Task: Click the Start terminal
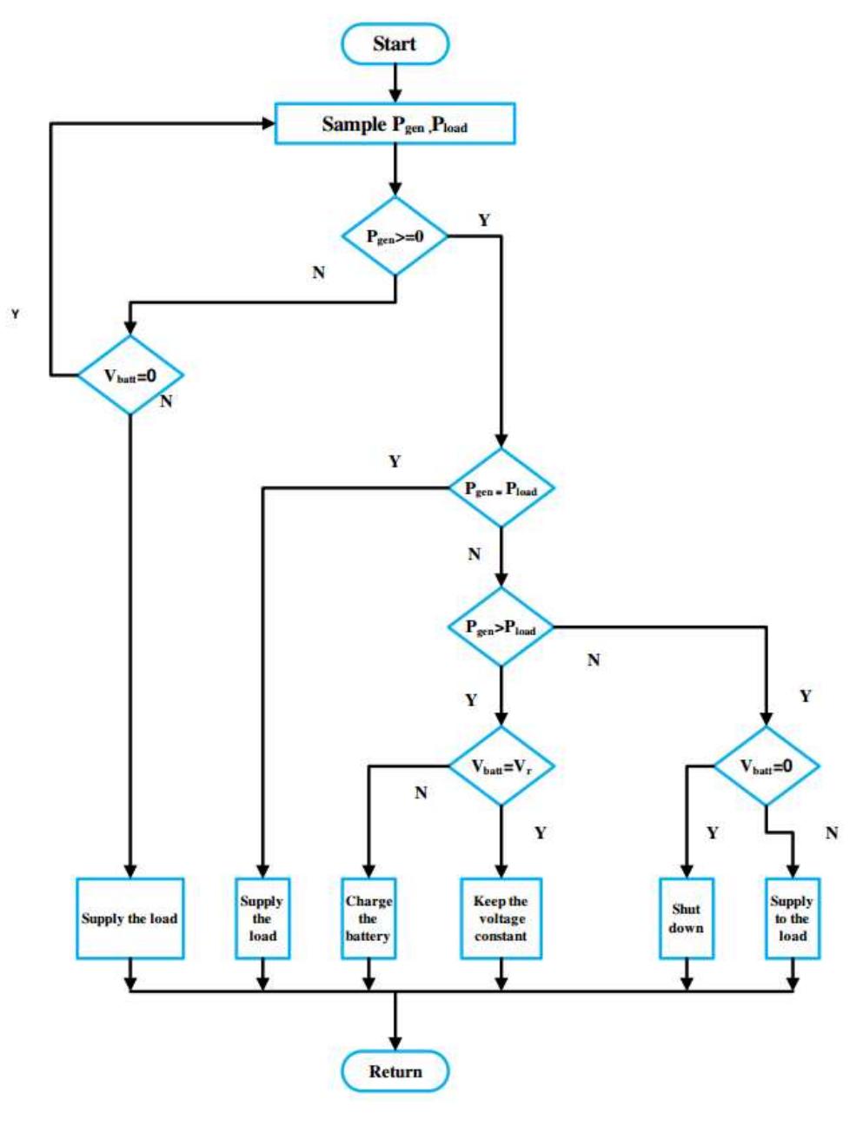tap(395, 44)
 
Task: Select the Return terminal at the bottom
tap(395, 1071)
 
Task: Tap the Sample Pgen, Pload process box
tap(395, 124)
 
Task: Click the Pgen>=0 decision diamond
tap(395, 236)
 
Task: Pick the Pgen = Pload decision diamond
tap(501, 488)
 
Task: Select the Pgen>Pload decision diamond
tap(501, 627)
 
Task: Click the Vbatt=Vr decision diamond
tap(501, 766)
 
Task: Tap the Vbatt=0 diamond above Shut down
tap(766, 766)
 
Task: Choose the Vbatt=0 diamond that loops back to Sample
tap(130, 375)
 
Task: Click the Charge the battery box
tap(368, 918)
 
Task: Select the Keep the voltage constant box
tap(501, 918)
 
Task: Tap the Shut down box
tap(686, 918)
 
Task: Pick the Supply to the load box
tap(792, 918)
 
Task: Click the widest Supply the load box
tap(130, 918)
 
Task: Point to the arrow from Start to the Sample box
tap(395, 83)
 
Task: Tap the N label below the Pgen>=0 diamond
tap(319, 273)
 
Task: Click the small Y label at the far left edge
tap(15, 314)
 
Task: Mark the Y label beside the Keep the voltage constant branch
tap(541, 833)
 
